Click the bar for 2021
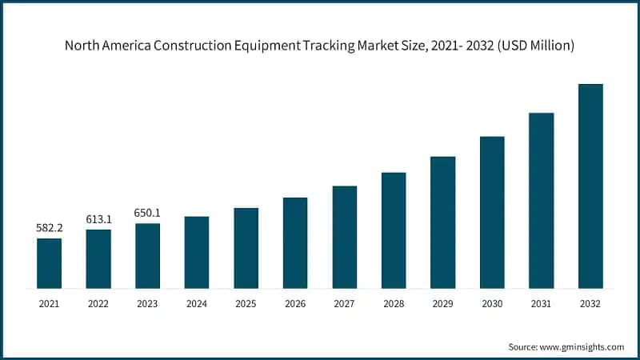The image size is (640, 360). tap(49, 263)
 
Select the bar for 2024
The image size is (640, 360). tap(197, 252)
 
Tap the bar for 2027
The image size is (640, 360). tap(345, 237)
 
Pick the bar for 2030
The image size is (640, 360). tap(492, 212)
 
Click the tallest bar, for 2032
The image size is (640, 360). tap(590, 186)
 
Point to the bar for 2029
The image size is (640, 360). tap(442, 222)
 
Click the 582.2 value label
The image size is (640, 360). tap(49, 228)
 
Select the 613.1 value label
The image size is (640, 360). tap(98, 219)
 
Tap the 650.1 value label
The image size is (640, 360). tap(147, 213)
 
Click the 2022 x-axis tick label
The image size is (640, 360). tap(98, 304)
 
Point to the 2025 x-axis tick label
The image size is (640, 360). tap(246, 304)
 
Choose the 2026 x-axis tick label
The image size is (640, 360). tap(295, 304)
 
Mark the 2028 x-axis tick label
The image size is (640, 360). tap(394, 304)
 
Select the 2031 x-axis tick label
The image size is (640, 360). tap(541, 304)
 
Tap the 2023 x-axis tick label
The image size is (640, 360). tap(147, 304)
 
